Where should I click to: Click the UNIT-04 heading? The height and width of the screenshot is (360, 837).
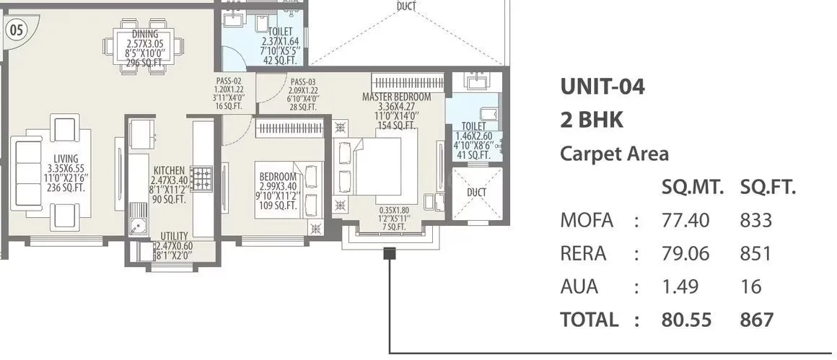[x=602, y=87]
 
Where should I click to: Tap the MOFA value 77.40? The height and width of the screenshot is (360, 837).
[x=685, y=220]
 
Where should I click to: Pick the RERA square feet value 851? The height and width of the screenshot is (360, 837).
[x=755, y=253]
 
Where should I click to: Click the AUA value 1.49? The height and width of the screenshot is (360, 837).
[x=680, y=286]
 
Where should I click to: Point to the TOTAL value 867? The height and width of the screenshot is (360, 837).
[x=756, y=320]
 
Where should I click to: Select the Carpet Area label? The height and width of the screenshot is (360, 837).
[x=614, y=154]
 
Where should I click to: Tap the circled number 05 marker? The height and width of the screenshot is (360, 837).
[x=15, y=30]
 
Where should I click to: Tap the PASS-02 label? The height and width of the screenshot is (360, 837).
[x=228, y=82]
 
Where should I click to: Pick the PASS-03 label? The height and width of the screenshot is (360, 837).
[x=303, y=82]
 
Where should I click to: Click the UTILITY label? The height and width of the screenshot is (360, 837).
[x=175, y=236]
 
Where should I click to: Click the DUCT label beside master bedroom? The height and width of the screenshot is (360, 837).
[x=476, y=193]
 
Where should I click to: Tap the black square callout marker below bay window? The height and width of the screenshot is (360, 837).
[x=390, y=253]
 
